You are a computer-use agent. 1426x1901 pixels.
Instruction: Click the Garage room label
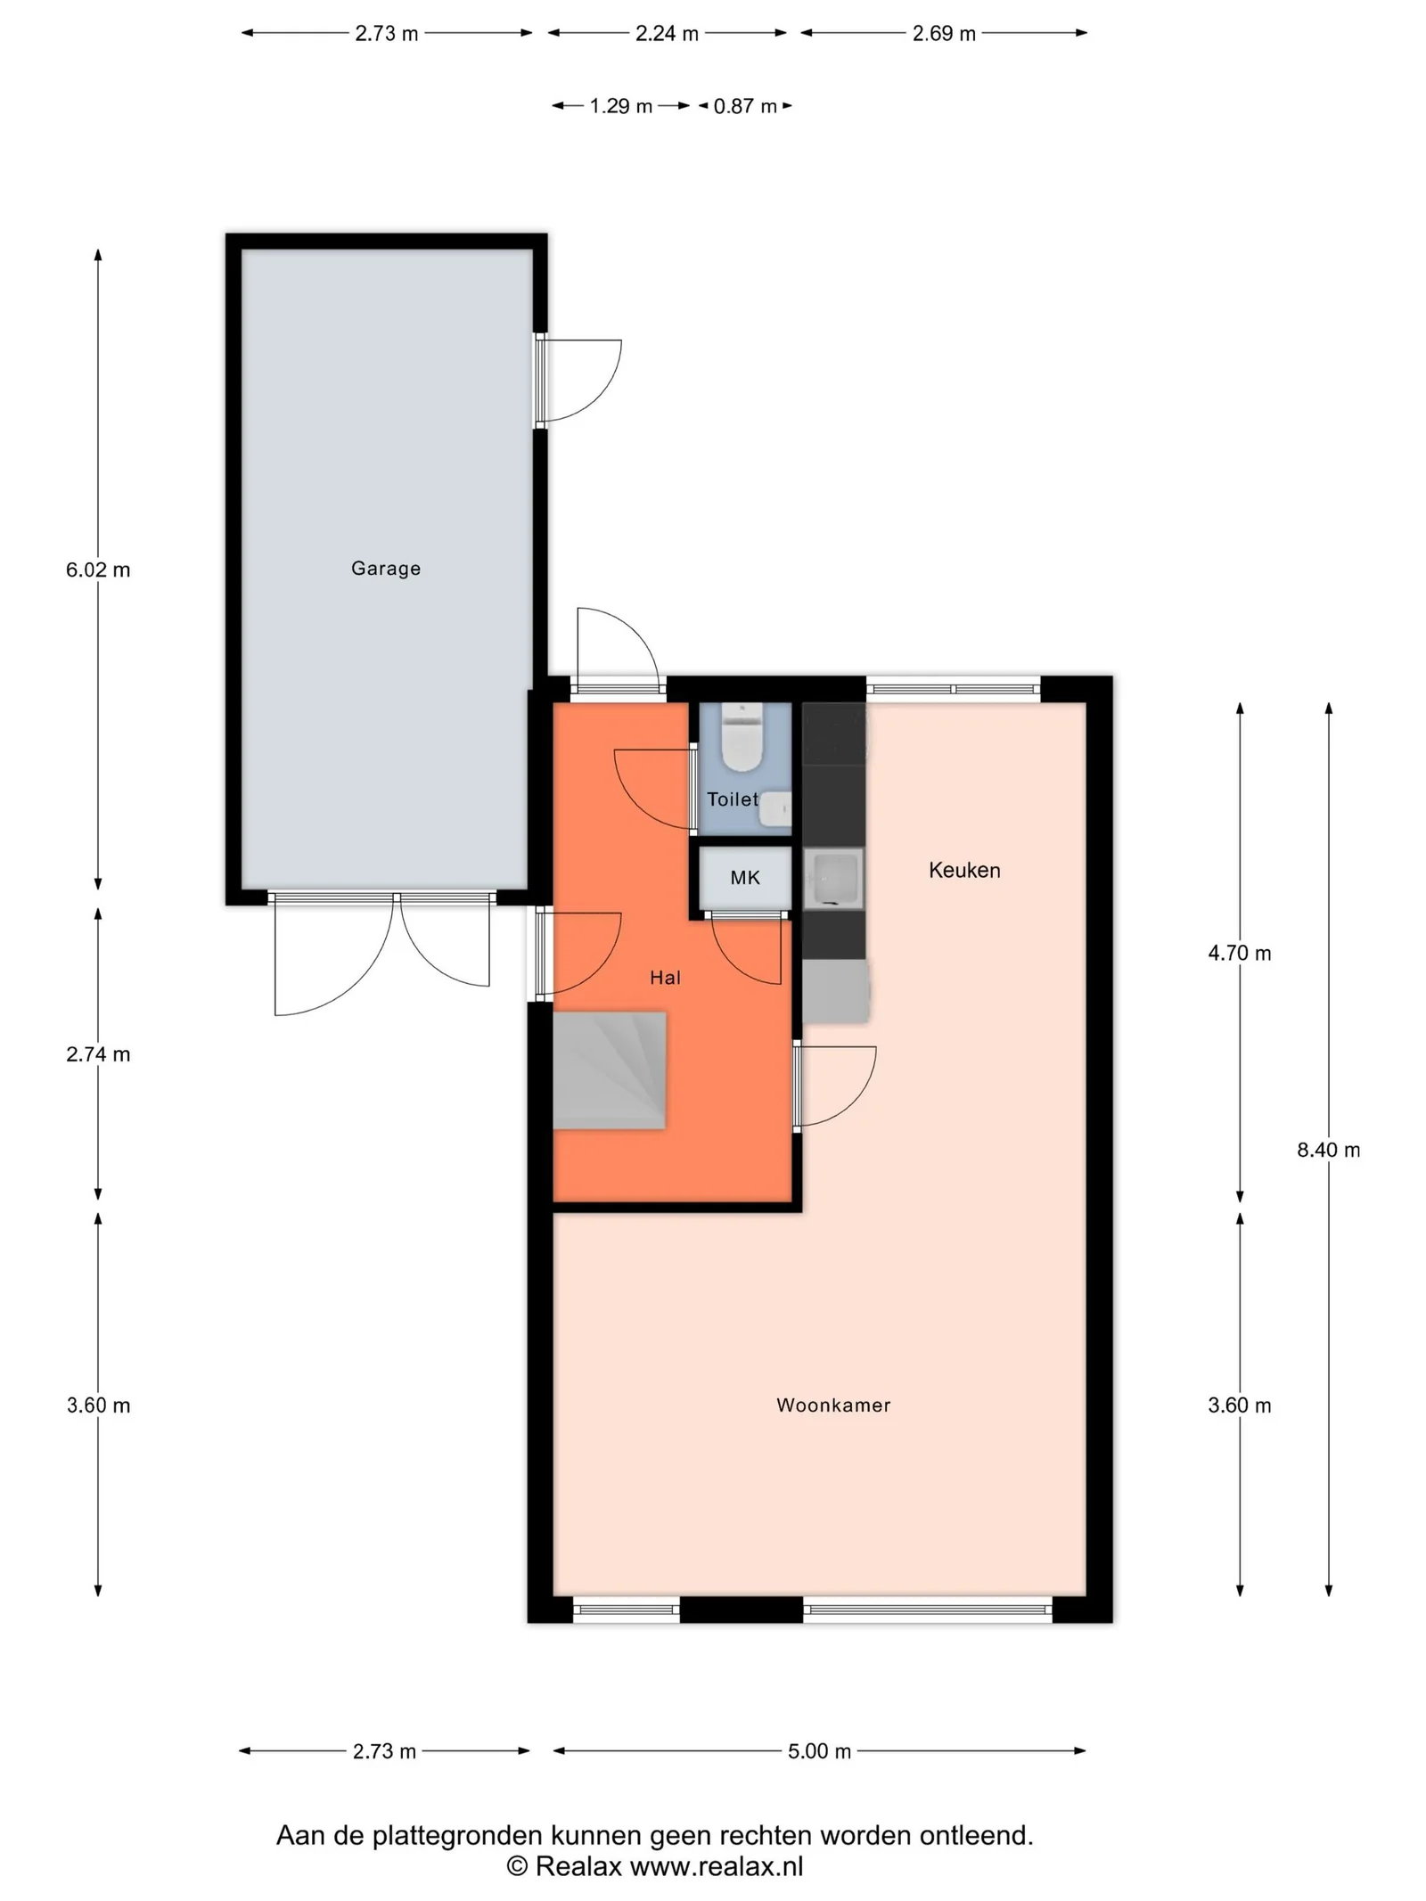coord(385,569)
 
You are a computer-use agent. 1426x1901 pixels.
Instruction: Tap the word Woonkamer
coord(833,1405)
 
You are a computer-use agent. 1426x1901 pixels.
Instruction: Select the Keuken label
coord(964,870)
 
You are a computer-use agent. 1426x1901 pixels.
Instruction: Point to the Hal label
coord(665,978)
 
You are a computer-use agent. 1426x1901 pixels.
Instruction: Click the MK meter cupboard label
coord(745,878)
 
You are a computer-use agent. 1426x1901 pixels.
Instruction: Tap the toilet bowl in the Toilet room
coord(740,737)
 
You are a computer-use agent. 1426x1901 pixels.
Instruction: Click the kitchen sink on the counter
coord(834,879)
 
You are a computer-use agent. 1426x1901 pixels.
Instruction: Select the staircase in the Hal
coord(610,1070)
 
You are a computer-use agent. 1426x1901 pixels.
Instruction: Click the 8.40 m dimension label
coord(1328,1150)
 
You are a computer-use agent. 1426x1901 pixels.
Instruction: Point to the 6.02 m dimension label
coord(98,569)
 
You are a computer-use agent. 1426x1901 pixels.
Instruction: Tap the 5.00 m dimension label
coord(819,1751)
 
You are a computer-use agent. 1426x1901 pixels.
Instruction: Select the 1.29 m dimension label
coord(621,106)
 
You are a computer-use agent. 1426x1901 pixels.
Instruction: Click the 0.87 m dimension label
coord(745,106)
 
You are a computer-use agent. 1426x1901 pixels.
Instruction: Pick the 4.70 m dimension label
coord(1239,953)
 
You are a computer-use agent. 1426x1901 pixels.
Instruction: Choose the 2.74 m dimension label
coord(98,1054)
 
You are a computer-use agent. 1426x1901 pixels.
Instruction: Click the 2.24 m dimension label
coord(667,34)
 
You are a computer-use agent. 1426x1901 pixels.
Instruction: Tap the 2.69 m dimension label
coord(944,34)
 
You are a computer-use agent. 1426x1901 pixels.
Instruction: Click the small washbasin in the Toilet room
coord(776,808)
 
